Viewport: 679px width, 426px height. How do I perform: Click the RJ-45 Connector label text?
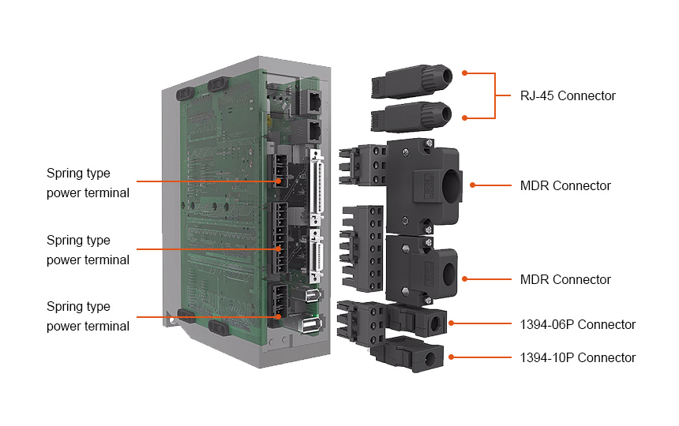567,96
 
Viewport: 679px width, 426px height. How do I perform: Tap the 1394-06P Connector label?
577,324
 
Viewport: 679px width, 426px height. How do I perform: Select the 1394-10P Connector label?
577,357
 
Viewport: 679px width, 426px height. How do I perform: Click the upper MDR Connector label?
565,186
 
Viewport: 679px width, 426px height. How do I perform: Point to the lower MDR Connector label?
565,279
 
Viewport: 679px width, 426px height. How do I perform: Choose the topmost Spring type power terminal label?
88,183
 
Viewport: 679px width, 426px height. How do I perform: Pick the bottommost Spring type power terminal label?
88,316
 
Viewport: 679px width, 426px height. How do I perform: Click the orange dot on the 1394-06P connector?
451,323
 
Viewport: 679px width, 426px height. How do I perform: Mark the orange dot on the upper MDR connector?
471,186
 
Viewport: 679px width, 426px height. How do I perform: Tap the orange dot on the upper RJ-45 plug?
464,73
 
